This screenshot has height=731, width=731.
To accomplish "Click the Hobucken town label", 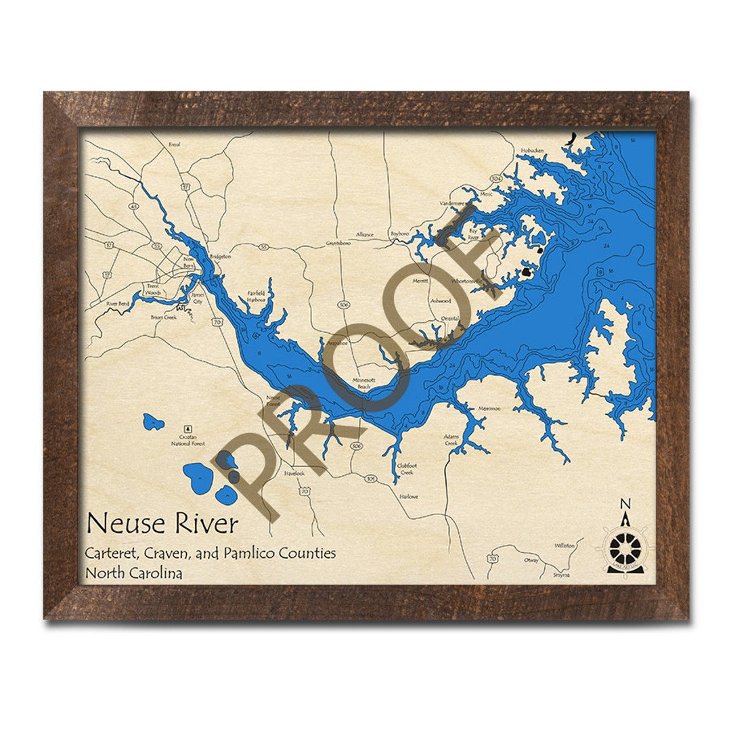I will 532,150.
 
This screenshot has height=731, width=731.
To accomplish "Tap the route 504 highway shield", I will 496,178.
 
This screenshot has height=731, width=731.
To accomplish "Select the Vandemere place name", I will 452,202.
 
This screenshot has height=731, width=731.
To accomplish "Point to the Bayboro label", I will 399,234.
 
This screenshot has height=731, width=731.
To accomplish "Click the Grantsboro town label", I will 338,242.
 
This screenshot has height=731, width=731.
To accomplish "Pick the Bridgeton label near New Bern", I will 220,257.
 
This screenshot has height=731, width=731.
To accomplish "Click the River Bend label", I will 117,305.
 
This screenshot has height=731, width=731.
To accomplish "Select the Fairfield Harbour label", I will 256,296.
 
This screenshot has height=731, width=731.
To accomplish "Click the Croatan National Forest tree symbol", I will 187,428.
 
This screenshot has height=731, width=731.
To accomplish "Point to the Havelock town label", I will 294,473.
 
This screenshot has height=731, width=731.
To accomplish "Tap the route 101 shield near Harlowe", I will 370,479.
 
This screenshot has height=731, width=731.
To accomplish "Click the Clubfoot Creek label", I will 405,469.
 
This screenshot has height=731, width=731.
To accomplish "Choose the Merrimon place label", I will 489,408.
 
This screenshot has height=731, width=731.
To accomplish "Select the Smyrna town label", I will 561,575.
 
